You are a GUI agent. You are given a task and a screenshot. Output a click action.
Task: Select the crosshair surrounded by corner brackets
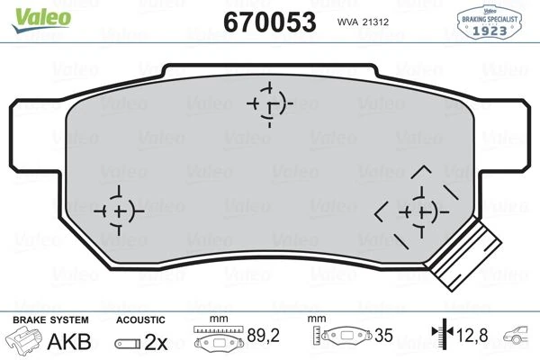417,211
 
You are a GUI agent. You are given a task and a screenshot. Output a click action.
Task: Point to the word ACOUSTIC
140,319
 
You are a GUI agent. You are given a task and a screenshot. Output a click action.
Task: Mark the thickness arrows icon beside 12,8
442,338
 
